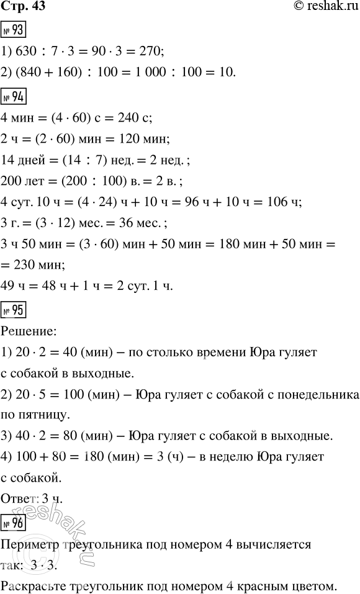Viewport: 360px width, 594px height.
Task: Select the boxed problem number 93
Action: click(x=13, y=30)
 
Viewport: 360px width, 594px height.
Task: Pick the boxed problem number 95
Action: click(x=13, y=308)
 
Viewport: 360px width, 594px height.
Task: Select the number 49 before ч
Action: click(x=10, y=286)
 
